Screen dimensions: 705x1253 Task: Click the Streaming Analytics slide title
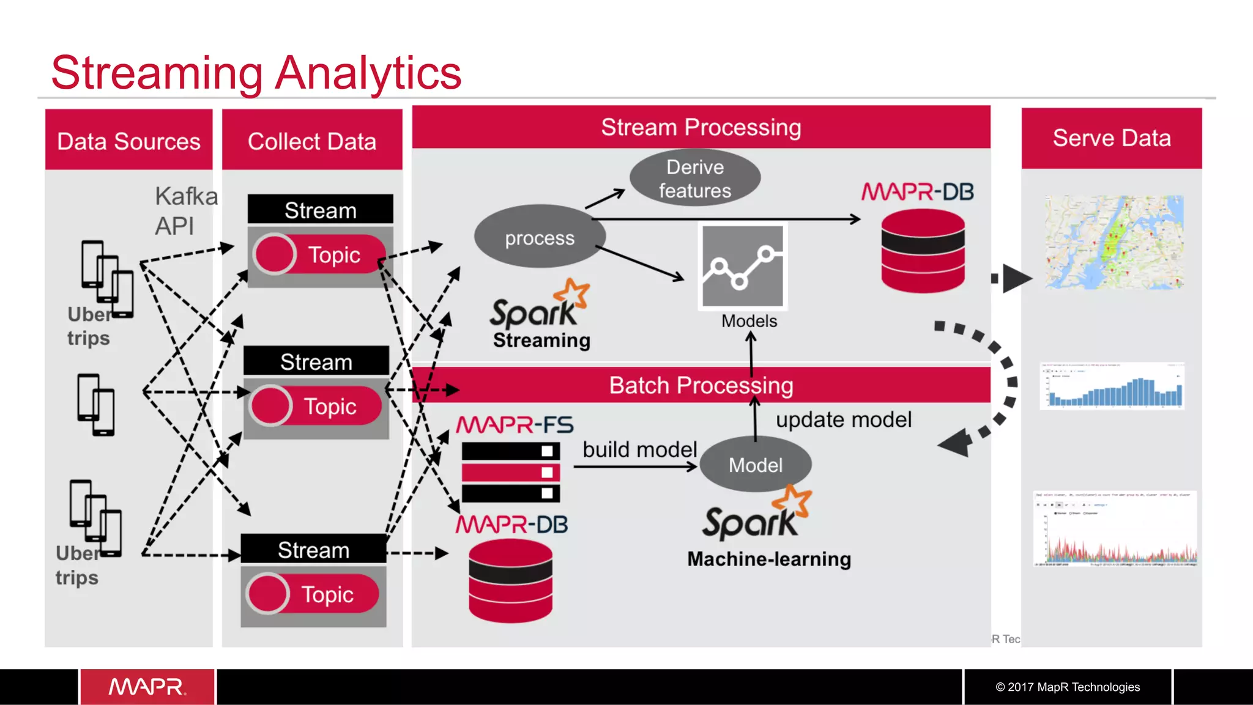pyautogui.click(x=256, y=73)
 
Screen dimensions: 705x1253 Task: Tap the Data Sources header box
pyautogui.click(x=128, y=141)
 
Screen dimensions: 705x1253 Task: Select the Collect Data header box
pyautogui.click(x=312, y=141)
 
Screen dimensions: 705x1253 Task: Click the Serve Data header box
pyautogui.click(x=1112, y=138)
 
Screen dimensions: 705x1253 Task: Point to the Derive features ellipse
pyautogui.click(x=695, y=178)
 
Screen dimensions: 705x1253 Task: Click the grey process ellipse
pyautogui.click(x=540, y=237)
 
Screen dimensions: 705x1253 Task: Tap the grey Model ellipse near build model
pyautogui.click(x=756, y=465)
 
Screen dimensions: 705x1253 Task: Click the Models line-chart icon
pyautogui.click(x=742, y=267)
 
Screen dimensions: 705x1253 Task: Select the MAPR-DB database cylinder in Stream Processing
pyautogui.click(x=923, y=251)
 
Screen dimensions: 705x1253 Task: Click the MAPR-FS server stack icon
pyautogui.click(x=510, y=472)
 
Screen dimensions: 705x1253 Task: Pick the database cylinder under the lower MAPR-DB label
pyautogui.click(x=510, y=581)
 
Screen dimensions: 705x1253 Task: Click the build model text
pyautogui.click(x=639, y=449)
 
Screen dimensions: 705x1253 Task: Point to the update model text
pyautogui.click(x=844, y=419)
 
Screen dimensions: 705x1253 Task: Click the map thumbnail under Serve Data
pyautogui.click(x=1114, y=242)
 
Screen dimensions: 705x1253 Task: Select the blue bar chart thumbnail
pyautogui.click(x=1112, y=386)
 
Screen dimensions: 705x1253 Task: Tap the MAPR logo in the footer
pyautogui.click(x=147, y=687)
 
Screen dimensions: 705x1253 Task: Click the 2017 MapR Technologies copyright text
pyautogui.click(x=1068, y=687)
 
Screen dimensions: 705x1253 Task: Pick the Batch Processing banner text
pyautogui.click(x=701, y=385)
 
